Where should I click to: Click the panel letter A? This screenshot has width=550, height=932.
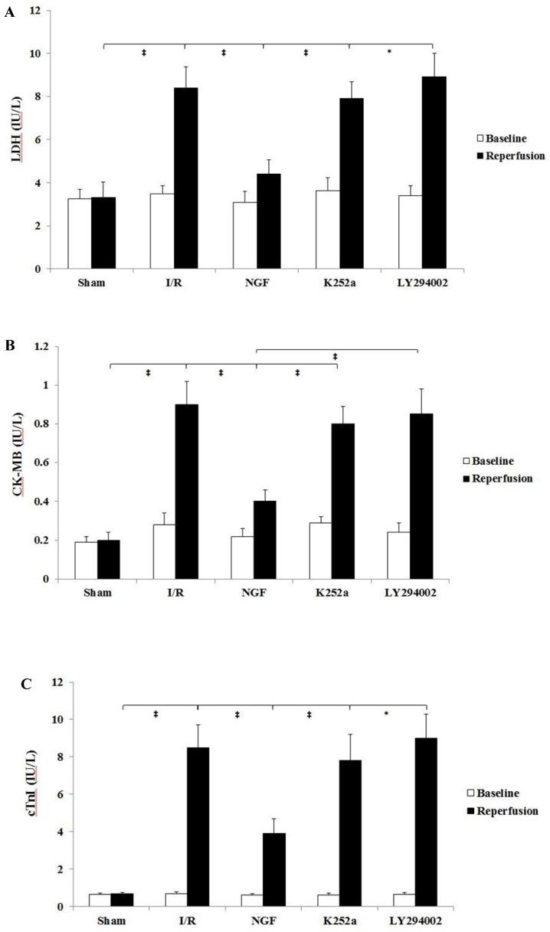(x=8, y=15)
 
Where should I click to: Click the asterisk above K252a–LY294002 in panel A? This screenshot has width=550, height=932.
(x=389, y=53)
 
